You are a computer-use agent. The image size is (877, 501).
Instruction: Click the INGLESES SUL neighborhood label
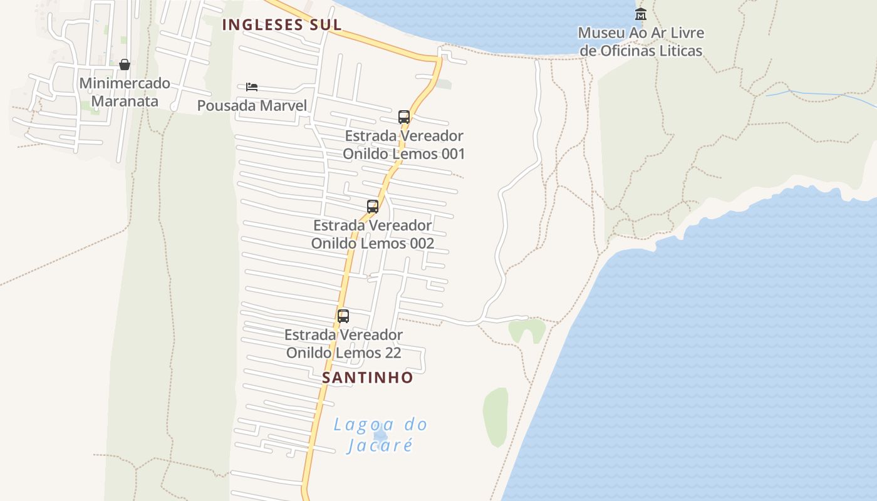coord(282,24)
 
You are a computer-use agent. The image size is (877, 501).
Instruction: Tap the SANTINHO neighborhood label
coord(368,377)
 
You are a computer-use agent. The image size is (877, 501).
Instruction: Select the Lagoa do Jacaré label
coord(380,434)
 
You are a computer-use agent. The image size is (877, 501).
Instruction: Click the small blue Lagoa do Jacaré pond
coord(380,435)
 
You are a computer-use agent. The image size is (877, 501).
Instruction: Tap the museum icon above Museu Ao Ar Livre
coord(640,14)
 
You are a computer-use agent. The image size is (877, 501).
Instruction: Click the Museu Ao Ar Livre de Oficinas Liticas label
coord(640,41)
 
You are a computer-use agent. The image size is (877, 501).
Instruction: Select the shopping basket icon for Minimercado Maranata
coord(125,65)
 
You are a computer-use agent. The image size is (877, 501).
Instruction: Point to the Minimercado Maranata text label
coord(125,92)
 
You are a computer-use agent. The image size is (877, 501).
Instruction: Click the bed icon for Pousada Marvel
coord(252,87)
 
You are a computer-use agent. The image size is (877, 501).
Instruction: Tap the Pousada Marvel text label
coord(252,105)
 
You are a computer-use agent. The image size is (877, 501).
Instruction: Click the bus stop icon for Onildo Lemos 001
coord(404,117)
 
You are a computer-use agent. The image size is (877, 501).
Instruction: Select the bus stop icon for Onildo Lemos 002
coord(373,207)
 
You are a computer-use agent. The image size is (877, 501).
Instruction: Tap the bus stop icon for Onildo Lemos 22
coord(343,316)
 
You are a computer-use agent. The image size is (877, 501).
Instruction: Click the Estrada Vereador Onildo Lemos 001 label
coord(404,145)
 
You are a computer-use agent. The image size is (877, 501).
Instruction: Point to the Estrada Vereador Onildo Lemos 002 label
coord(373,234)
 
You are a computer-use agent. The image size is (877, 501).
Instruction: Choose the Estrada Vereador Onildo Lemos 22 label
coord(343,344)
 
